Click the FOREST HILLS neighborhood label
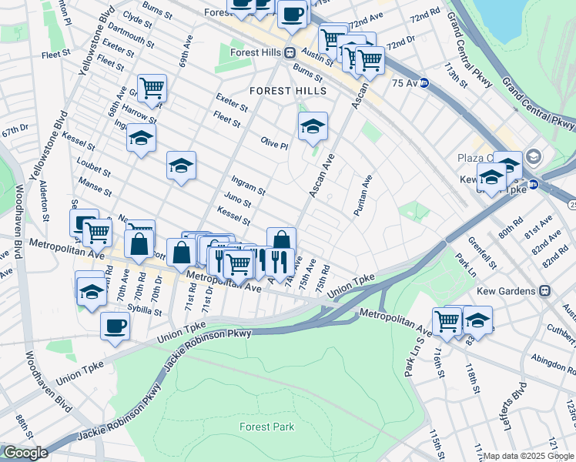point(288,91)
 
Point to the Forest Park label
point(265,427)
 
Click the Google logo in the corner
point(25,453)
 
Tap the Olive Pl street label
point(274,143)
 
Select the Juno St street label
point(237,201)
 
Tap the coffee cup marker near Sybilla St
point(116,326)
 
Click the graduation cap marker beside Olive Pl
point(312,126)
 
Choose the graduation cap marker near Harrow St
point(141,139)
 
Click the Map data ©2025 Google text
point(528,456)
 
